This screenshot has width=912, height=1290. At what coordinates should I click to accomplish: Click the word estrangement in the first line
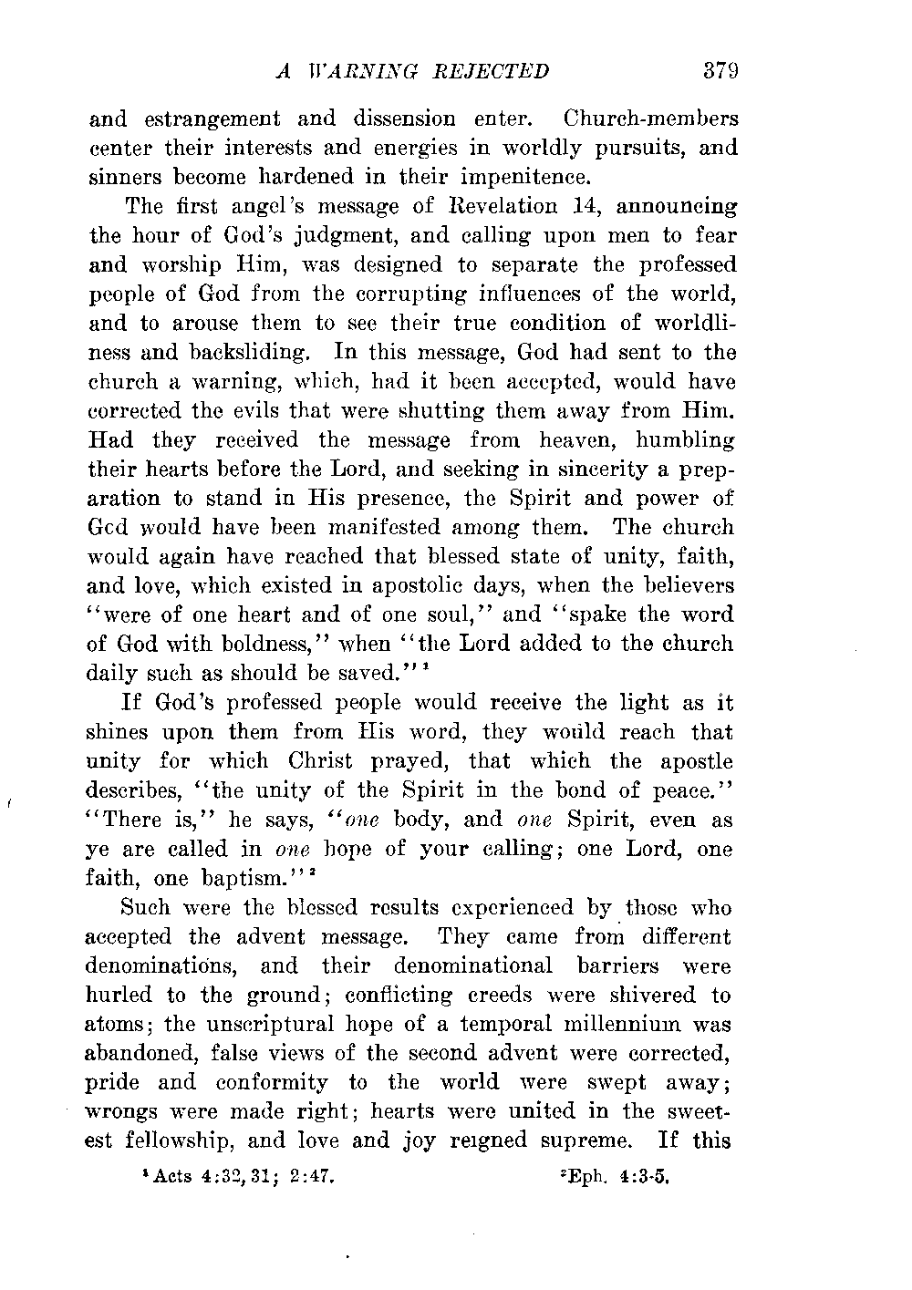(x=209, y=119)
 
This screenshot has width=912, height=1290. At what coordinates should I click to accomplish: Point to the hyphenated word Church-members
(x=651, y=119)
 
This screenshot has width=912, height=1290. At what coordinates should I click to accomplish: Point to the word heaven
(x=568, y=440)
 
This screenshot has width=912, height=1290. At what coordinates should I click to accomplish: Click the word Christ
(x=326, y=761)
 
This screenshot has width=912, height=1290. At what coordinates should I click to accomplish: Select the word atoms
(x=117, y=1025)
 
